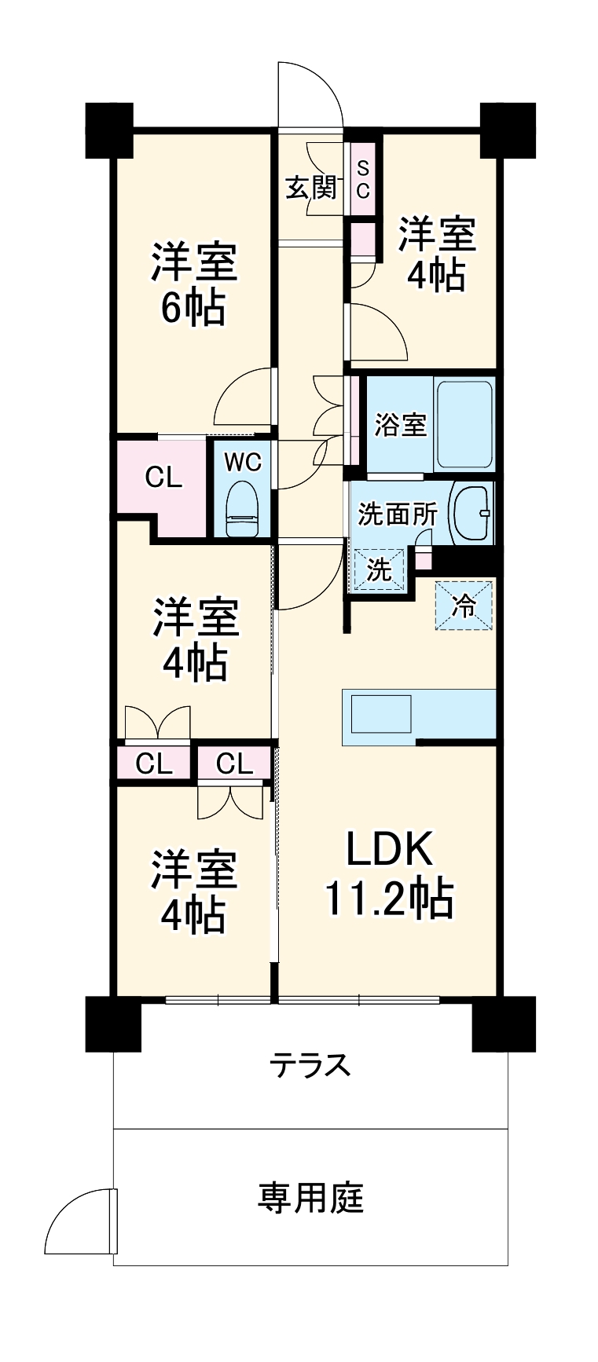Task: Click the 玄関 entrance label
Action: [310, 189]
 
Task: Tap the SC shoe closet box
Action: [362, 180]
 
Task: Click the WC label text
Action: [242, 463]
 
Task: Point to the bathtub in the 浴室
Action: [464, 423]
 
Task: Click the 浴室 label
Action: [400, 424]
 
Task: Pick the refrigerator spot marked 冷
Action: [464, 605]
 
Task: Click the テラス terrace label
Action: [310, 1066]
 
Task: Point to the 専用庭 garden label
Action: [310, 1198]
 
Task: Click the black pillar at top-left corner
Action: [111, 129]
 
